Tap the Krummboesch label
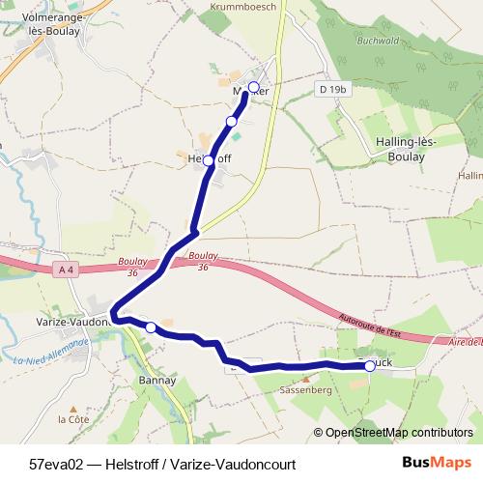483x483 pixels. pos(242,6)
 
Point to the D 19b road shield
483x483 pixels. pos(333,90)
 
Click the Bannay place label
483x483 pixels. pos(156,380)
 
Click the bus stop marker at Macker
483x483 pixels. pos(254,88)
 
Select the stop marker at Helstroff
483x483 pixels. pos(208,159)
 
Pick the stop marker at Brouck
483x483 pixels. pos(370,366)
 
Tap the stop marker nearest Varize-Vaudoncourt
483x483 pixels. pos(151,328)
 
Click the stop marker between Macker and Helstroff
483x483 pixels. pos(232,121)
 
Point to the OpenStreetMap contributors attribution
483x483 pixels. pos(398,433)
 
